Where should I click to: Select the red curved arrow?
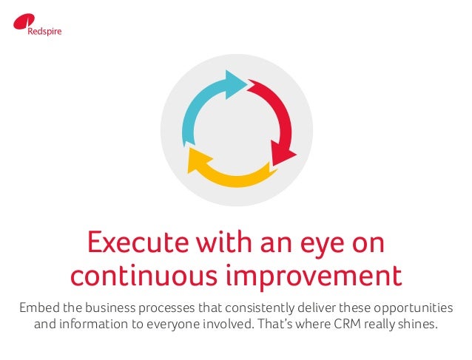coord(277,118)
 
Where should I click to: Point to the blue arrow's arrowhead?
coord(236,82)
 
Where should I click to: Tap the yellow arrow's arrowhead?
coord(198,160)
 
